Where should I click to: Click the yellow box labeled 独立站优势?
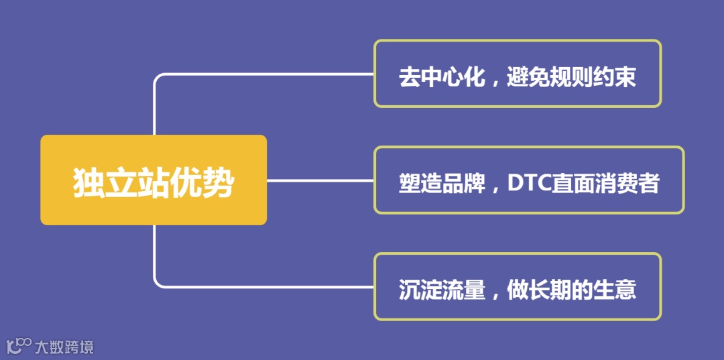click(154, 180)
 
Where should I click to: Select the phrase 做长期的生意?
click(571, 290)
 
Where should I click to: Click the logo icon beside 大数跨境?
click(19, 345)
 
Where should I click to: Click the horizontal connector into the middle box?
click(320, 180)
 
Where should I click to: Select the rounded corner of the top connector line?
click(158, 78)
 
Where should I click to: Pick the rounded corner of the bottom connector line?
click(158, 283)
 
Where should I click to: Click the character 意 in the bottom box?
click(625, 290)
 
